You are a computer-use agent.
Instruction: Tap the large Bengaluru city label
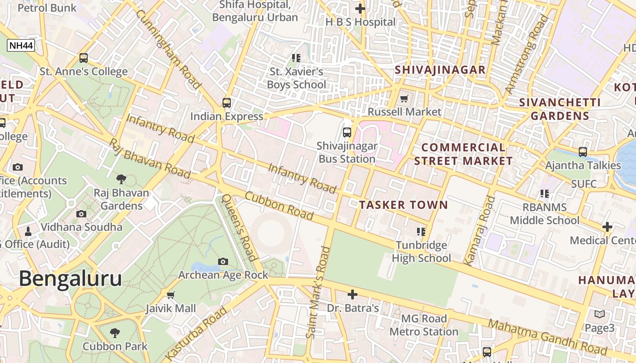[x=70, y=278]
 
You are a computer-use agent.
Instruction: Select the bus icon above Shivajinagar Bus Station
[x=347, y=132]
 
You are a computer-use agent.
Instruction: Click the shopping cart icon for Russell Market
[x=404, y=98]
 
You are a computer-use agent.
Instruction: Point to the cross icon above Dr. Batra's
[x=352, y=294]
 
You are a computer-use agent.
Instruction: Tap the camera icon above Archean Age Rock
[x=223, y=261]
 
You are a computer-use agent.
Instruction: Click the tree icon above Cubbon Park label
[x=115, y=333]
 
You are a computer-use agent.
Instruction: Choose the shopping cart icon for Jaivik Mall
[x=171, y=295]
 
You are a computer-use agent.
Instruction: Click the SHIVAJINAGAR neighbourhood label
[x=440, y=70]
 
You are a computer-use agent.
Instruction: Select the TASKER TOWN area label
[x=403, y=205]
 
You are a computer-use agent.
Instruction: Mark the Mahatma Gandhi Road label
[x=547, y=337]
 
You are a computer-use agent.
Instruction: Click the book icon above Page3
[x=599, y=314]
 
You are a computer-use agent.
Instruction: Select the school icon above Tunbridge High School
[x=421, y=232]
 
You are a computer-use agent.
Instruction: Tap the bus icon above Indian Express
[x=227, y=103]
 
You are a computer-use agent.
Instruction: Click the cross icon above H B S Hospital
[x=360, y=9]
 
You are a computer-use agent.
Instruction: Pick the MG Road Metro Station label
[x=424, y=325]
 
